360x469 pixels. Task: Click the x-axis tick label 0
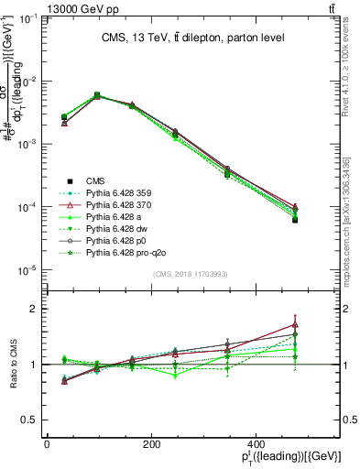[47, 442]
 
